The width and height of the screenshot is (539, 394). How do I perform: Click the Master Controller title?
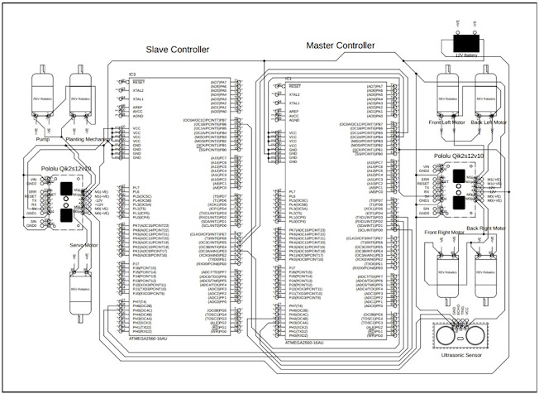coord(341,45)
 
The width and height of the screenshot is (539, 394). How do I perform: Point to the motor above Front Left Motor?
coord(447,98)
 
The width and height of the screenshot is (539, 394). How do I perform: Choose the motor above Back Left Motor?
coord(487,98)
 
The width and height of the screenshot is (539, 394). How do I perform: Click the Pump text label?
coord(43,140)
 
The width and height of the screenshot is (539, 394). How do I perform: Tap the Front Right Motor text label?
coord(447,233)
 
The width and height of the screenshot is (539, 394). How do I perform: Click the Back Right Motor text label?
coord(485,227)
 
